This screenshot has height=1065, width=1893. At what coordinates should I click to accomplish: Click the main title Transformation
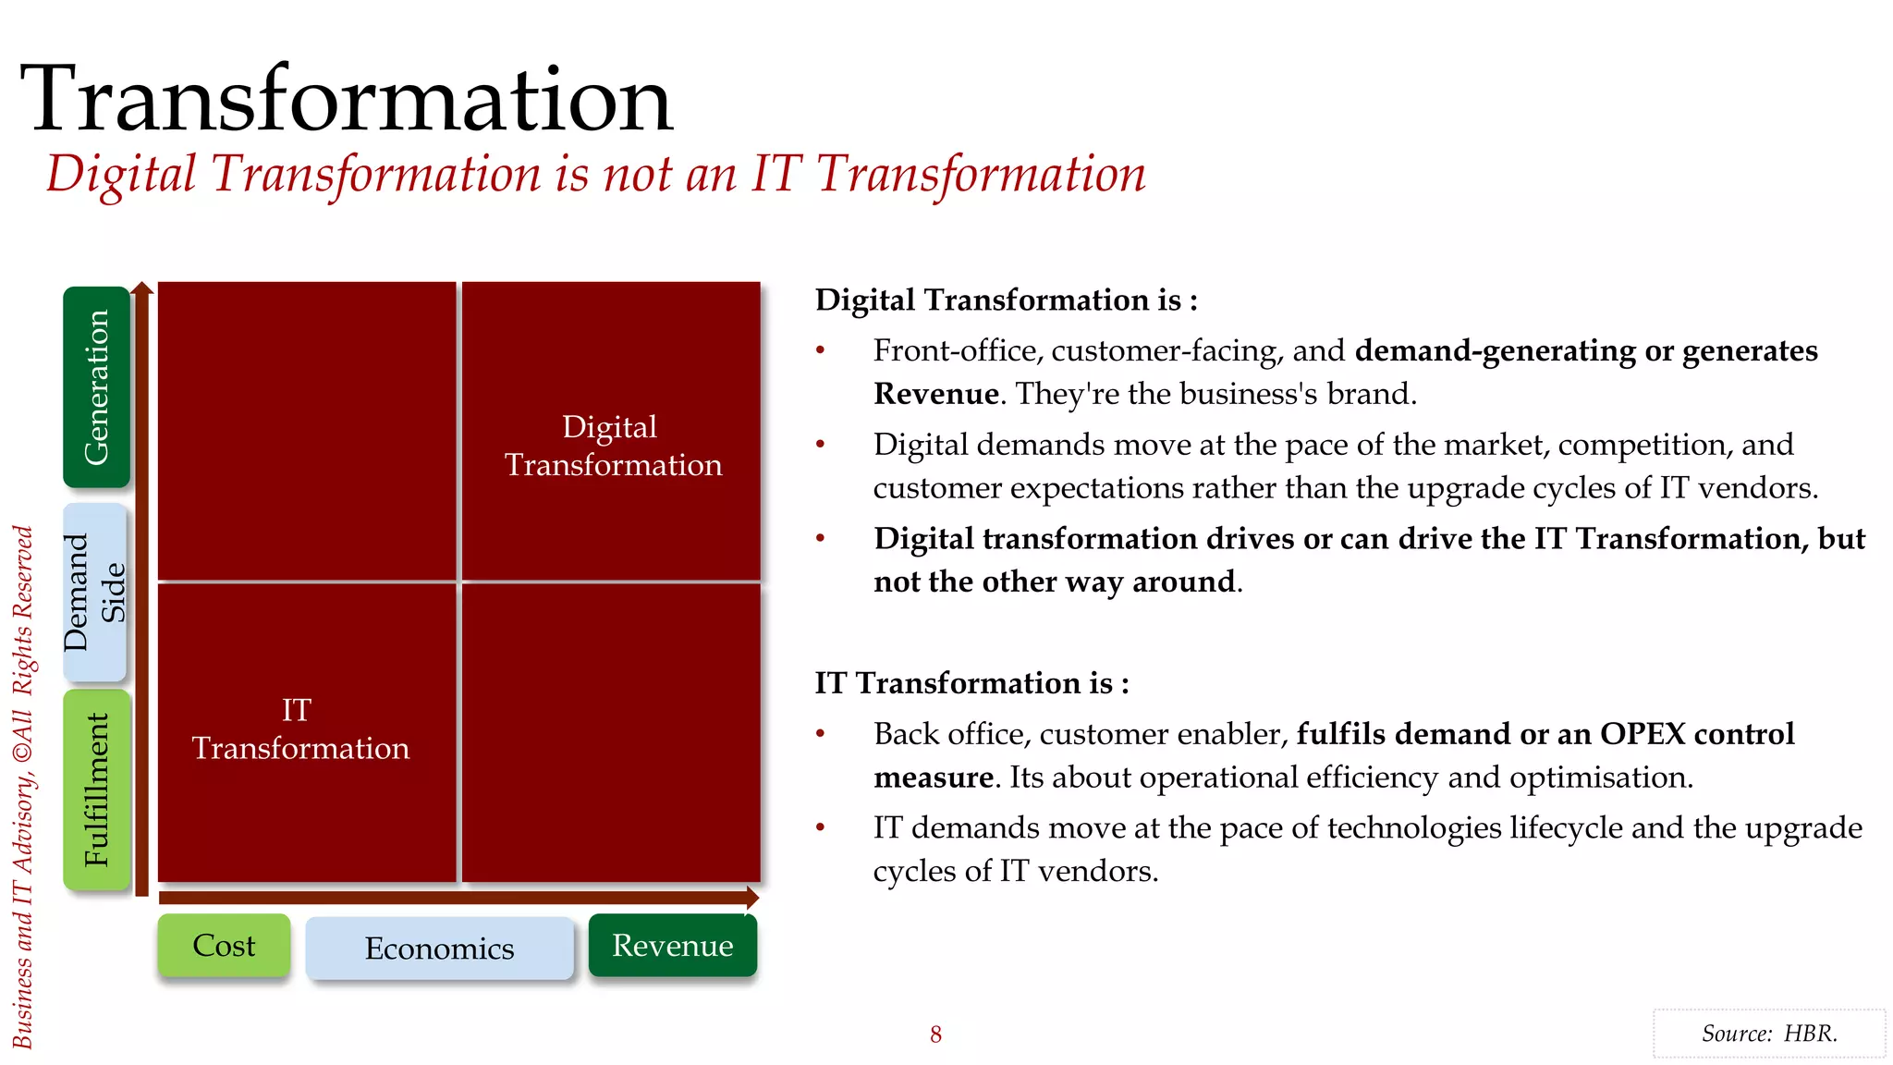pyautogui.click(x=346, y=99)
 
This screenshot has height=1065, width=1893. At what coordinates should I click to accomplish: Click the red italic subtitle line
pyautogui.click(x=595, y=175)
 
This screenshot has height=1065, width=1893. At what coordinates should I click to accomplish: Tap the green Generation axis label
pyautogui.click(x=96, y=386)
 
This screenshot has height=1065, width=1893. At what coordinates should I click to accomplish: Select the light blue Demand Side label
pyautogui.click(x=94, y=593)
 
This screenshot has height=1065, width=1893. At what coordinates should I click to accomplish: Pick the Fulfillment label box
pyautogui.click(x=96, y=790)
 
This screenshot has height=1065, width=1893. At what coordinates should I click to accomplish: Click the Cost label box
pyautogui.click(x=224, y=946)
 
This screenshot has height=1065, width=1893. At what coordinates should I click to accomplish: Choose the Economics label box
pyautogui.click(x=439, y=949)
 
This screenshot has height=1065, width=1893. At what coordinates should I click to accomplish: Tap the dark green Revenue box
pyautogui.click(x=672, y=946)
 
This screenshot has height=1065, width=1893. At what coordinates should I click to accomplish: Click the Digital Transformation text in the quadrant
pyautogui.click(x=612, y=446)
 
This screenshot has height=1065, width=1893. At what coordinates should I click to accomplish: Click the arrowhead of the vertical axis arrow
pyautogui.click(x=141, y=289)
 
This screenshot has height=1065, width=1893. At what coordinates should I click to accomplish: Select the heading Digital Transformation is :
pyautogui.click(x=1006, y=300)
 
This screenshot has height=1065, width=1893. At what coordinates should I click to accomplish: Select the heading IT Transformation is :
pyautogui.click(x=971, y=683)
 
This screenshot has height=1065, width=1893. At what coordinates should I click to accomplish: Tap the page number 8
pyautogui.click(x=935, y=1034)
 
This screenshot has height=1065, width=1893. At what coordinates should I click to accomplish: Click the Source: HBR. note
pyautogui.click(x=1768, y=1034)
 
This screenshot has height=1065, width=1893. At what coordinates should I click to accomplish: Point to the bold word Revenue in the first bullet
pyautogui.click(x=935, y=395)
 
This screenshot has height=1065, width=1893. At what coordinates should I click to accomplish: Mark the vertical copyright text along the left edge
pyautogui.click(x=23, y=786)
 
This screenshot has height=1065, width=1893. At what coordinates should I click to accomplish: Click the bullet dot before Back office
pyautogui.click(x=820, y=734)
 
